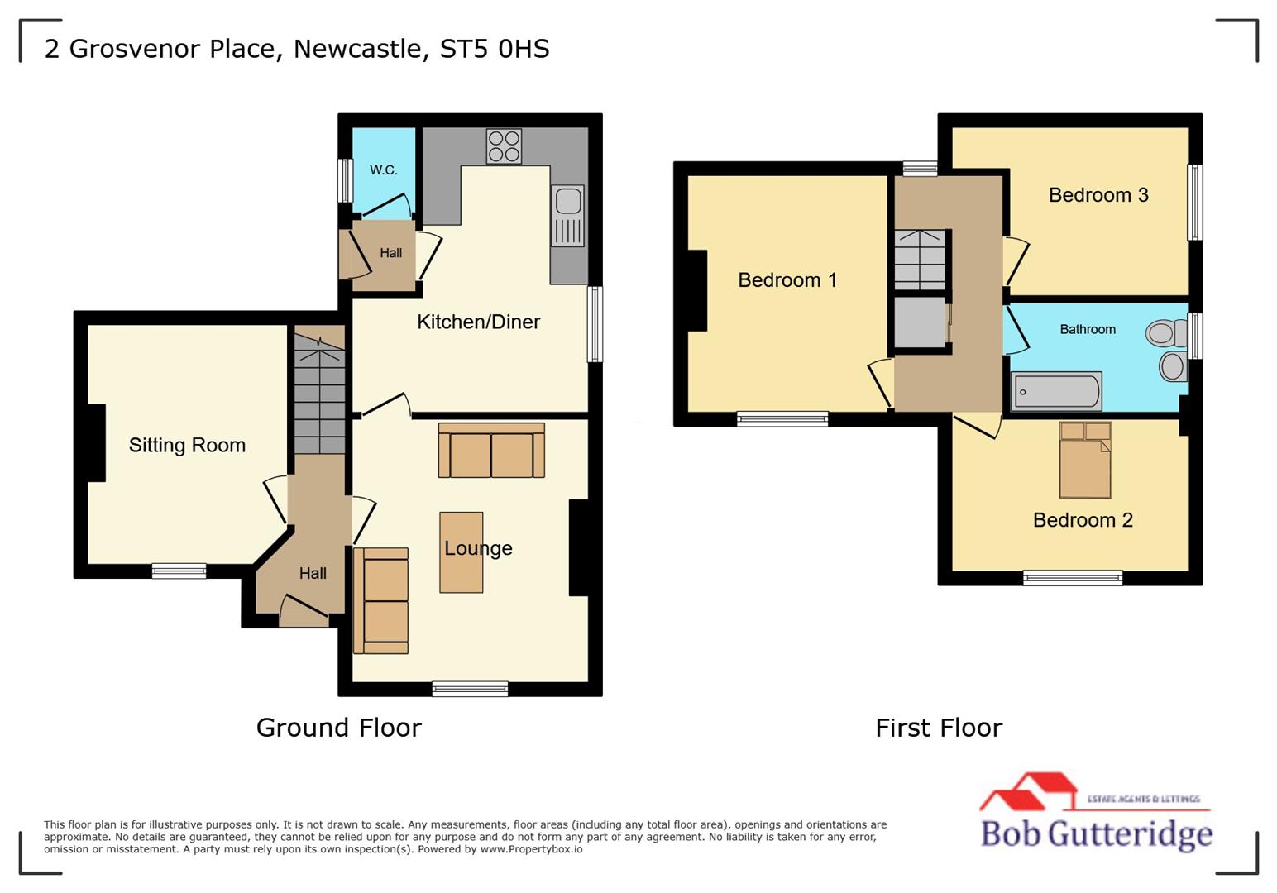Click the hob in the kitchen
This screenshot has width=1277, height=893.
[x=504, y=146]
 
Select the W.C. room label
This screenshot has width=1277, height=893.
[x=384, y=170]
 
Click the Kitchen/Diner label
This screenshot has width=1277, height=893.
[x=478, y=322]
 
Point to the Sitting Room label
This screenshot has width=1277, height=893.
[x=187, y=446]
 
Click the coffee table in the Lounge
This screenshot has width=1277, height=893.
[x=461, y=552]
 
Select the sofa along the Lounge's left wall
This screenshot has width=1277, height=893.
[x=381, y=600]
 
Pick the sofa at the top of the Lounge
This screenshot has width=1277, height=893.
[x=491, y=451]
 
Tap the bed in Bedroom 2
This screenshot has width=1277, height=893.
[x=1085, y=460]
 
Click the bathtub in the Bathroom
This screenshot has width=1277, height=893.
[x=1057, y=391]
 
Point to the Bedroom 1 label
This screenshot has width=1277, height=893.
[x=787, y=280]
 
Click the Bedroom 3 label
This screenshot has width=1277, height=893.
[x=1098, y=195]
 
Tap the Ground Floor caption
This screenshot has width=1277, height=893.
[x=338, y=728]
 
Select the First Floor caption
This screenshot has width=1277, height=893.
[x=938, y=728]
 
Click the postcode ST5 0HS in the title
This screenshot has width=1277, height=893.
[x=494, y=49]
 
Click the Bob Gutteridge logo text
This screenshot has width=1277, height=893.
[x=1096, y=833]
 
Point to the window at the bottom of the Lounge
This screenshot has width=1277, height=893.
[x=470, y=689]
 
